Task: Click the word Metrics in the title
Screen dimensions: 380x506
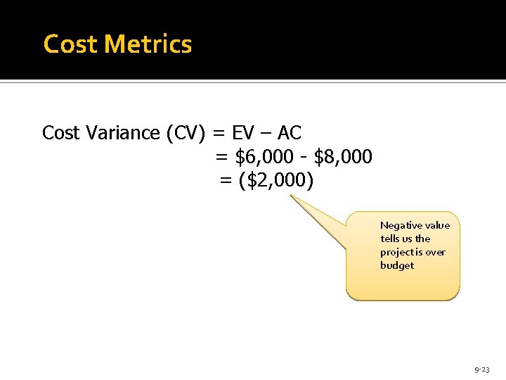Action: coord(148,44)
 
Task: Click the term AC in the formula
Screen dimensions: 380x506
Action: coord(290,132)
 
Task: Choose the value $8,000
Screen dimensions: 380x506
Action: coord(344,156)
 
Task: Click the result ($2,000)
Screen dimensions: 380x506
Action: coord(276,180)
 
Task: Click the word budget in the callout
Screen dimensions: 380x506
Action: coord(397,265)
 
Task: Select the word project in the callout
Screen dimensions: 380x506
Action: coord(398,252)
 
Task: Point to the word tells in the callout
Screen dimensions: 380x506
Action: coord(390,239)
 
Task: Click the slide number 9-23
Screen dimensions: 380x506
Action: coord(482,369)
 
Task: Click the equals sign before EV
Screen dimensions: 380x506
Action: coord(219,132)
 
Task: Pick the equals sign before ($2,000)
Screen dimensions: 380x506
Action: coord(226,180)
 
